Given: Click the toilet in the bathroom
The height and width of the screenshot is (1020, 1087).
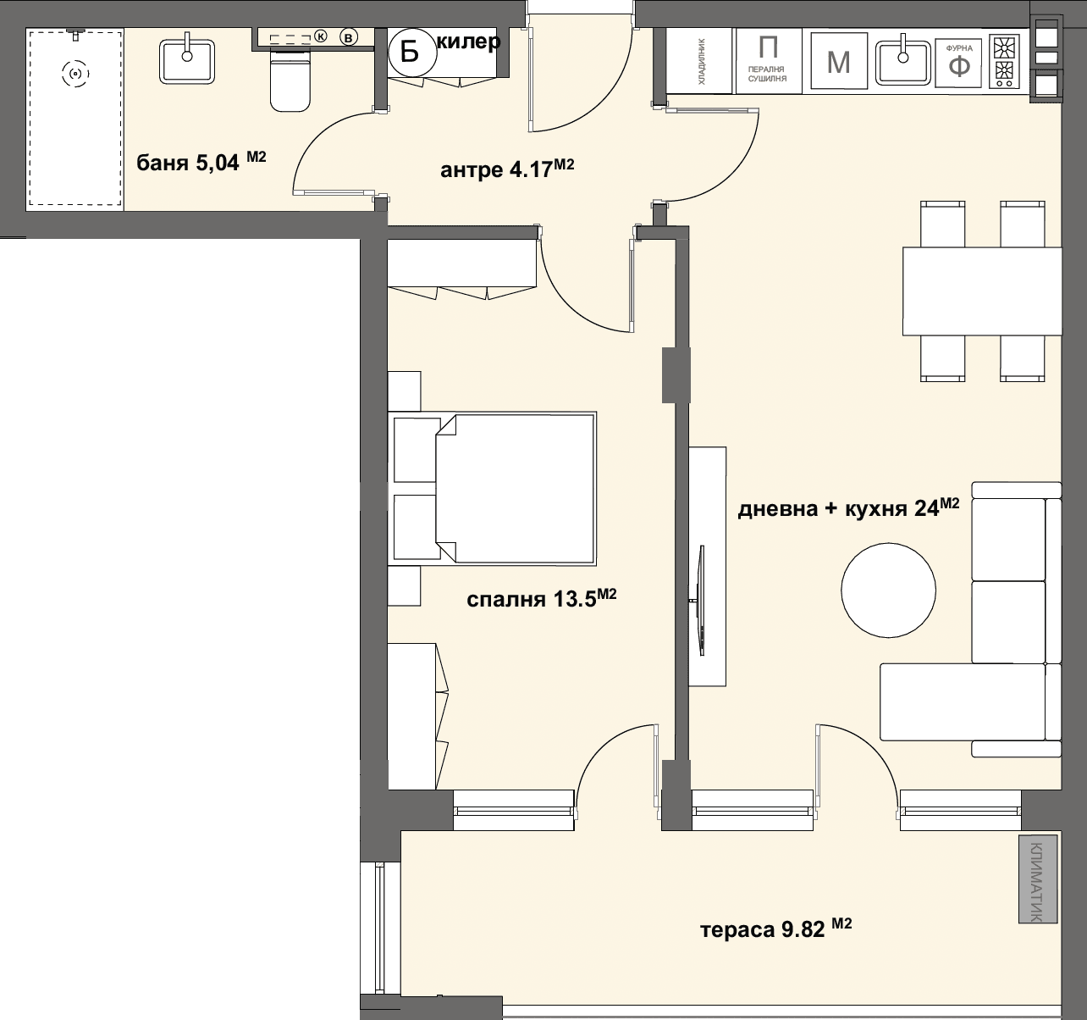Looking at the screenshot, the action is click(290, 80).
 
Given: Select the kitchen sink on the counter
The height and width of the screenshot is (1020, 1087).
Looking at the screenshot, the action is click(903, 63).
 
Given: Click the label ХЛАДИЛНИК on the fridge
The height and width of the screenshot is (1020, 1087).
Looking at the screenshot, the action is click(702, 61).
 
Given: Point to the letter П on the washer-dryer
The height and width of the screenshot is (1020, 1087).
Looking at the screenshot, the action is click(768, 47).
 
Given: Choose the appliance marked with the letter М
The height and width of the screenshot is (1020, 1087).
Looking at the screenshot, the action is click(838, 60).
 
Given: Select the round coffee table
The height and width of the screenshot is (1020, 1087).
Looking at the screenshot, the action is click(888, 590).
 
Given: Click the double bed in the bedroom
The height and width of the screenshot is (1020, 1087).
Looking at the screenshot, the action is click(515, 488).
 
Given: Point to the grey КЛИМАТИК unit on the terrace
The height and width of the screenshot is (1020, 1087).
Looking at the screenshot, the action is click(1038, 879).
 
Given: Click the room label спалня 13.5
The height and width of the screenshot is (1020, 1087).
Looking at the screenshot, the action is click(541, 598).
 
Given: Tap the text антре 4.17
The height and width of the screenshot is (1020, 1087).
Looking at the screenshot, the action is click(507, 169).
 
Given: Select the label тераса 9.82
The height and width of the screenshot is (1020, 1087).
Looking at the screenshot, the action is click(775, 929).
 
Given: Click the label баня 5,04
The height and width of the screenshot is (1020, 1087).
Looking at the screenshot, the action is click(201, 162).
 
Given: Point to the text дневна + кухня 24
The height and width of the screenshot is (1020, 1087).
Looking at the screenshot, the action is click(848, 507).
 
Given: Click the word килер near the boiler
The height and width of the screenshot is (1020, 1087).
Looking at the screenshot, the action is click(469, 42).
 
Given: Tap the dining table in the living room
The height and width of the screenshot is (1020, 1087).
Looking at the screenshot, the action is click(982, 291).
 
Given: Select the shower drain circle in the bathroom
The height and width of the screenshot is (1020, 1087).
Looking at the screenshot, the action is click(75, 74).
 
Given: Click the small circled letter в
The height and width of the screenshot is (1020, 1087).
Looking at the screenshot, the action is click(348, 37).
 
